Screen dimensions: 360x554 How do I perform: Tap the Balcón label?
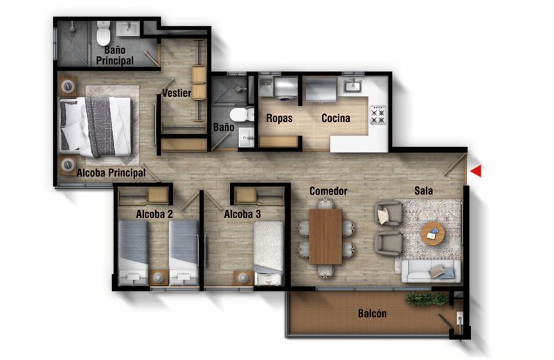pos(372,314)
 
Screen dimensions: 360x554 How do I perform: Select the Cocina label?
pos(335,118)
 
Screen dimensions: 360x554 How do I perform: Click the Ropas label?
pos(279,118)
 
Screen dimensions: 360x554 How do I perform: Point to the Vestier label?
pos(177,93)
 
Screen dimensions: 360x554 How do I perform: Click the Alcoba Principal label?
pos(111,173)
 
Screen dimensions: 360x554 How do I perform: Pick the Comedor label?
pos(328,191)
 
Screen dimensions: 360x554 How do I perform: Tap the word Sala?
pos(424,190)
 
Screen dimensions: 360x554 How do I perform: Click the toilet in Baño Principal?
pos(104,33)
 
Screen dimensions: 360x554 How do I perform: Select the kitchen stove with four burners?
pos(378,114)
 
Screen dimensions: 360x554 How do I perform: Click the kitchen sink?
pos(354,86)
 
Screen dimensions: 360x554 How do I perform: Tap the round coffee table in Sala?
pos(433,234)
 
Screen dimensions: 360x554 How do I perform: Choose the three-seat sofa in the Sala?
pos(430,271)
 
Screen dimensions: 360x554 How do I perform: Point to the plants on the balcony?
pos(426,299)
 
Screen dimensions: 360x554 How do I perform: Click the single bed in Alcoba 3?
pos(268,253)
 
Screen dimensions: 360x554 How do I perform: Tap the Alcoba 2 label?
pos(154,215)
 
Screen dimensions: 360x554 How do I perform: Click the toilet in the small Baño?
pos(239,114)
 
